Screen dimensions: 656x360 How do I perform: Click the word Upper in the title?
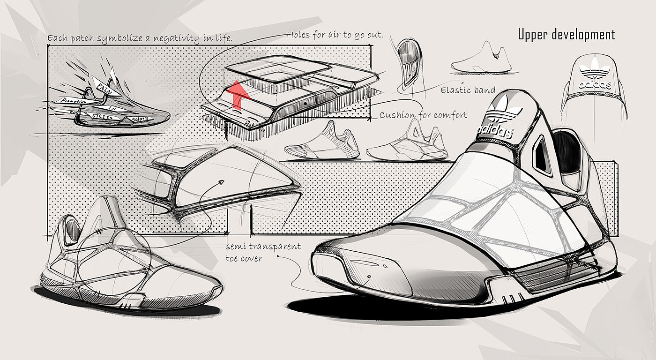pos(534,35)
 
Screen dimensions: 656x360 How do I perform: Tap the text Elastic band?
pos(468,90)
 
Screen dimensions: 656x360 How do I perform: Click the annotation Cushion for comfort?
pos(423,115)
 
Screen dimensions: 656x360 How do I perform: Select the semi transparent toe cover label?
pos(263,252)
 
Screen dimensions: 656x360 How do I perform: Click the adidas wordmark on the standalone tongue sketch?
pos(594,85)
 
